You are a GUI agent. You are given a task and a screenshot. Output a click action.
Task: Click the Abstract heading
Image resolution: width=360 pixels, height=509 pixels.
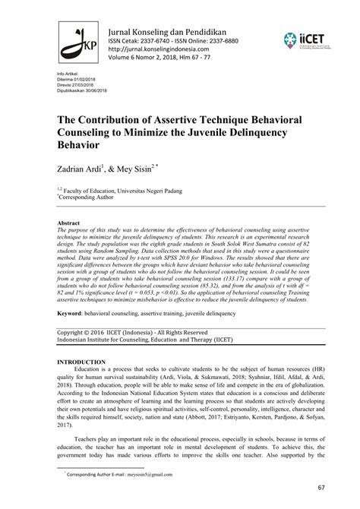70,224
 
